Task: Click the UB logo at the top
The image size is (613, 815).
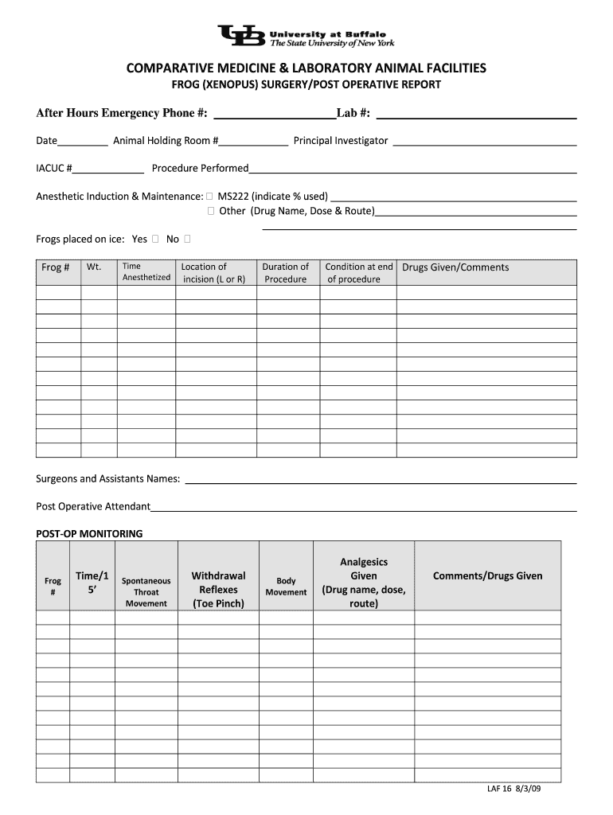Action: pos(242,37)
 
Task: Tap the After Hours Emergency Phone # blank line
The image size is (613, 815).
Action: pos(275,113)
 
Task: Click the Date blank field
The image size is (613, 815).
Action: pos(83,142)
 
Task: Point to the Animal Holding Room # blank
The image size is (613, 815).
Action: pos(254,142)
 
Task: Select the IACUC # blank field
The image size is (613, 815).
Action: pos(109,169)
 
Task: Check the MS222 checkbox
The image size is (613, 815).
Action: pos(209,196)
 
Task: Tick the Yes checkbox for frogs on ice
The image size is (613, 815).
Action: pos(155,239)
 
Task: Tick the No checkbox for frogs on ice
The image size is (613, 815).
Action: pos(187,239)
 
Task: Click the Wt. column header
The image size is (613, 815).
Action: pos(94,267)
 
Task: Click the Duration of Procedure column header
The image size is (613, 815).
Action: pos(286,273)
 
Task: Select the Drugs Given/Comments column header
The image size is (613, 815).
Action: pos(455,267)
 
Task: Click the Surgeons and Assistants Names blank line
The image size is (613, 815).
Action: pos(381,479)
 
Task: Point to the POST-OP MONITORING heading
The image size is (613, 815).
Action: pos(89,533)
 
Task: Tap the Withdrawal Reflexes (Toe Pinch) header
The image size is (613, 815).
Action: pos(218,589)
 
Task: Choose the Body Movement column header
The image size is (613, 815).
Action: pos(286,587)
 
